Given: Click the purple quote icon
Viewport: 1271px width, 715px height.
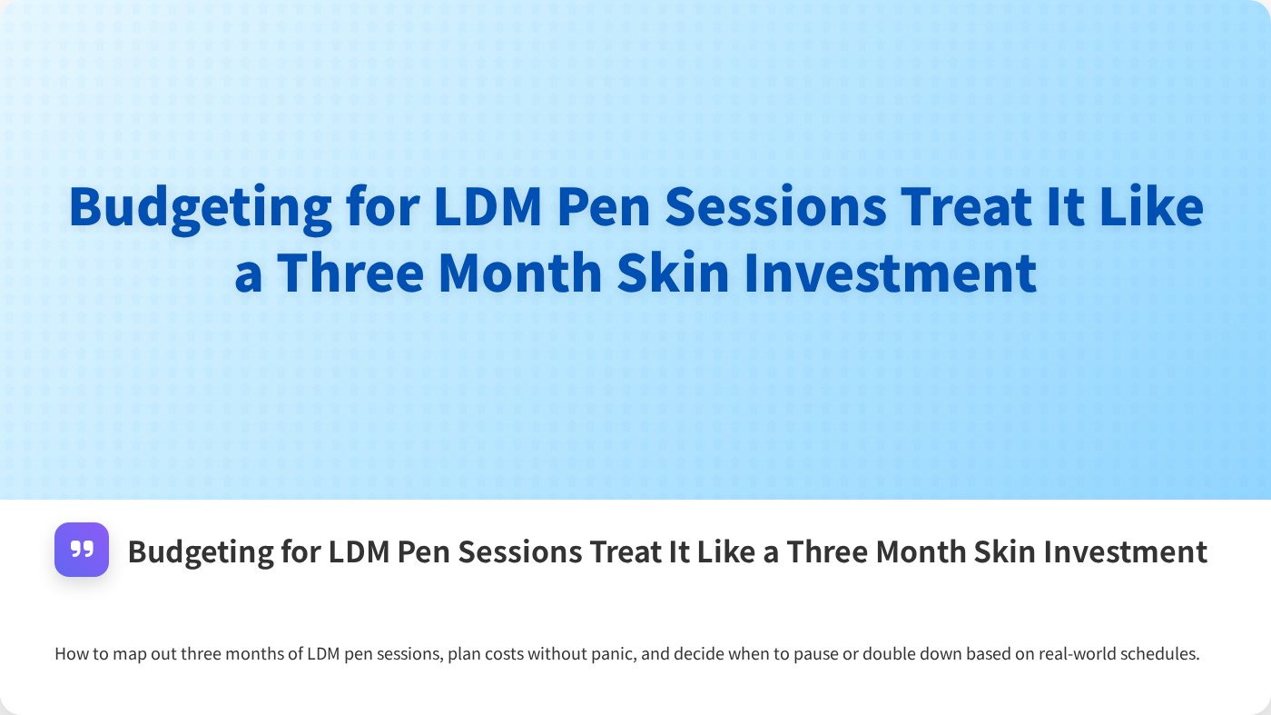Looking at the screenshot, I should [82, 550].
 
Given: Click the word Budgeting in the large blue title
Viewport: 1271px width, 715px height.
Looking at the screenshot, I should [200, 208].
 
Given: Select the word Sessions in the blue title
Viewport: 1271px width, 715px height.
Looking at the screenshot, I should [776, 206].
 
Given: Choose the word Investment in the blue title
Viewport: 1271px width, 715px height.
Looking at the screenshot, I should [891, 273].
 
